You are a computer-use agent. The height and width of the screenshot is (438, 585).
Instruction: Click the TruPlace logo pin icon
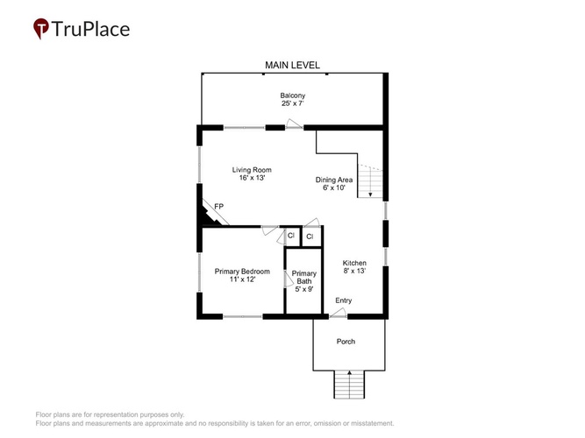pyautogui.click(x=41, y=28)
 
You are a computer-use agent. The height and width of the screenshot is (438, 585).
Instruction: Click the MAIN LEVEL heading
pyautogui.click(x=292, y=65)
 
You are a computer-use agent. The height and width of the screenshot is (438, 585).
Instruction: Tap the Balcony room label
pyautogui.click(x=293, y=100)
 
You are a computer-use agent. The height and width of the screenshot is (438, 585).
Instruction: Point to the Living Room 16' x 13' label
pyautogui.click(x=252, y=173)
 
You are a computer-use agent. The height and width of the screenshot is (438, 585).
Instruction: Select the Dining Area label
pyautogui.click(x=334, y=183)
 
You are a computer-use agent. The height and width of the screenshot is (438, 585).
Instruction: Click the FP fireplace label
pyautogui.click(x=219, y=207)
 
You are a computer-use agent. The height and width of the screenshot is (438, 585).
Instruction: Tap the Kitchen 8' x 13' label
pyautogui.click(x=354, y=267)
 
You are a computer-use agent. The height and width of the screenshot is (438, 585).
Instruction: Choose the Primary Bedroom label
pyautogui.click(x=242, y=275)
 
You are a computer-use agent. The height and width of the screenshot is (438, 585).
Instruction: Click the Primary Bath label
pyautogui.click(x=304, y=281)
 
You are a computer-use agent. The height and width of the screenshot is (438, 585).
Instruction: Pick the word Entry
pyautogui.click(x=343, y=300)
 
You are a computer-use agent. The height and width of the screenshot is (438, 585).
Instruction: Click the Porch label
pyautogui.click(x=346, y=342)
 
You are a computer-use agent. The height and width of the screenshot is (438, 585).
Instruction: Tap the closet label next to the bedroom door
pyautogui.click(x=291, y=236)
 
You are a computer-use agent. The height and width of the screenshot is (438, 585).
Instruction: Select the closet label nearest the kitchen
pyautogui.click(x=310, y=237)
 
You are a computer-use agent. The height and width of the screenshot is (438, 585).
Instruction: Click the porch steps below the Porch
pyautogui.click(x=349, y=385)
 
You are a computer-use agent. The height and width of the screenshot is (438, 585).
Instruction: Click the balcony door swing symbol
pyautogui.click(x=294, y=124)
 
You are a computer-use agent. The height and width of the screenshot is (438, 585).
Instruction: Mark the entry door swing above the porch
pyautogui.click(x=338, y=313)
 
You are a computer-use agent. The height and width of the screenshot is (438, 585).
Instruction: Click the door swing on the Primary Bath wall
pyautogui.click(x=289, y=279)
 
